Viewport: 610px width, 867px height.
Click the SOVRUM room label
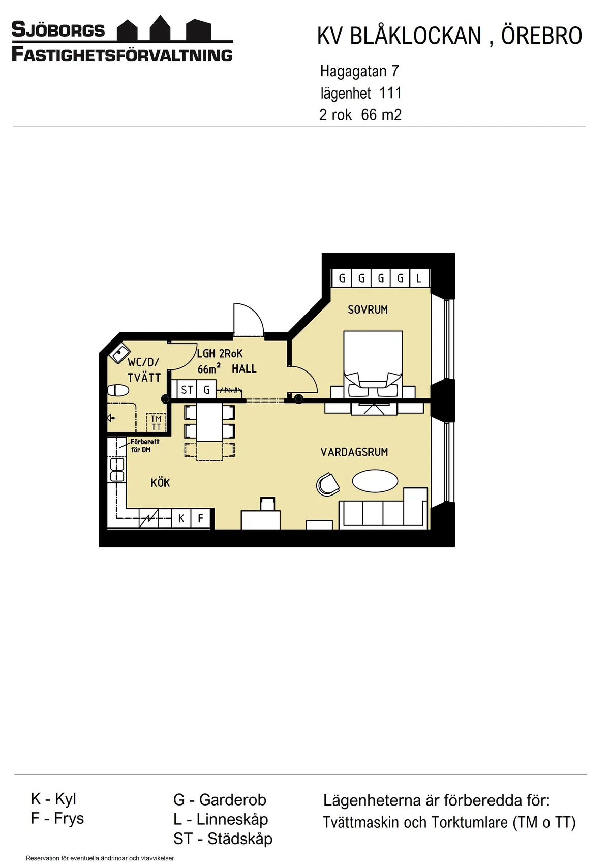click(x=368, y=309)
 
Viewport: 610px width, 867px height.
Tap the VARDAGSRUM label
click(x=354, y=452)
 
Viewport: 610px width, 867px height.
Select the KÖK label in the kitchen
click(x=160, y=483)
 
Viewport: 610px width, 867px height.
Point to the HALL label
click(x=244, y=369)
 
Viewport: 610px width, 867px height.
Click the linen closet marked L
click(x=419, y=278)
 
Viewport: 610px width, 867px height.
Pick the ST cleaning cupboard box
click(x=187, y=390)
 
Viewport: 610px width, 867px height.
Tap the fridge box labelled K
click(x=181, y=518)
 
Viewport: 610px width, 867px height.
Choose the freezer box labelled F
click(x=201, y=518)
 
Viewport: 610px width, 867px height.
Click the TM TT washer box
click(x=156, y=423)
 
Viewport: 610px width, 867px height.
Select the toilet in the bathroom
click(x=118, y=390)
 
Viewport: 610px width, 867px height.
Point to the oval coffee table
click(x=375, y=481)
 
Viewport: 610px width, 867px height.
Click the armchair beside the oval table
click(x=328, y=484)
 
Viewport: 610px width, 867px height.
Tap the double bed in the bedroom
click(x=373, y=361)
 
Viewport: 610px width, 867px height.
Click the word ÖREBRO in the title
click(x=541, y=36)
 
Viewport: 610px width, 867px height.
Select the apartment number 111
click(x=390, y=93)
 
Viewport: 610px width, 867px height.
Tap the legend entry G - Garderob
click(x=220, y=799)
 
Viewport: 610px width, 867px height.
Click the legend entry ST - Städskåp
click(x=223, y=839)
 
